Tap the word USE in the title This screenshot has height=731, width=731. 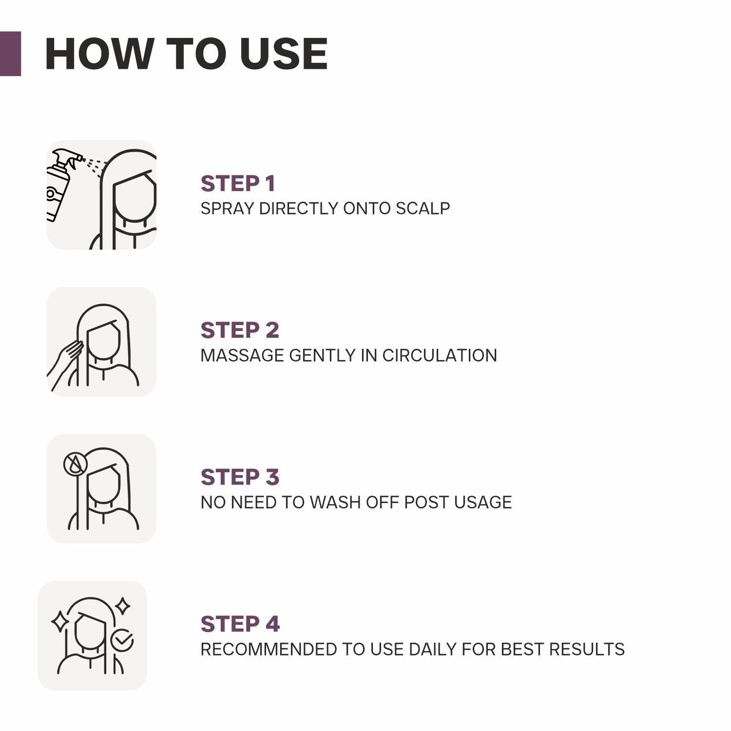284,54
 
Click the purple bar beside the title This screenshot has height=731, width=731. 10,54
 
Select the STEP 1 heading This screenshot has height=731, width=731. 238,184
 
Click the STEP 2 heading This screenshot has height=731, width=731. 240,330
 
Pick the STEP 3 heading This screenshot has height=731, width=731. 240,477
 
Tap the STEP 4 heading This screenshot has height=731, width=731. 240,624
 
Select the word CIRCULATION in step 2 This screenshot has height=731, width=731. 440,355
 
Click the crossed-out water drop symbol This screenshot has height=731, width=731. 75,463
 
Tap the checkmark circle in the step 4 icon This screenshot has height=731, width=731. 122,640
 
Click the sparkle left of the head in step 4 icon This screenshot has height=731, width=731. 60,621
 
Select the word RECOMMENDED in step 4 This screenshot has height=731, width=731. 269,649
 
